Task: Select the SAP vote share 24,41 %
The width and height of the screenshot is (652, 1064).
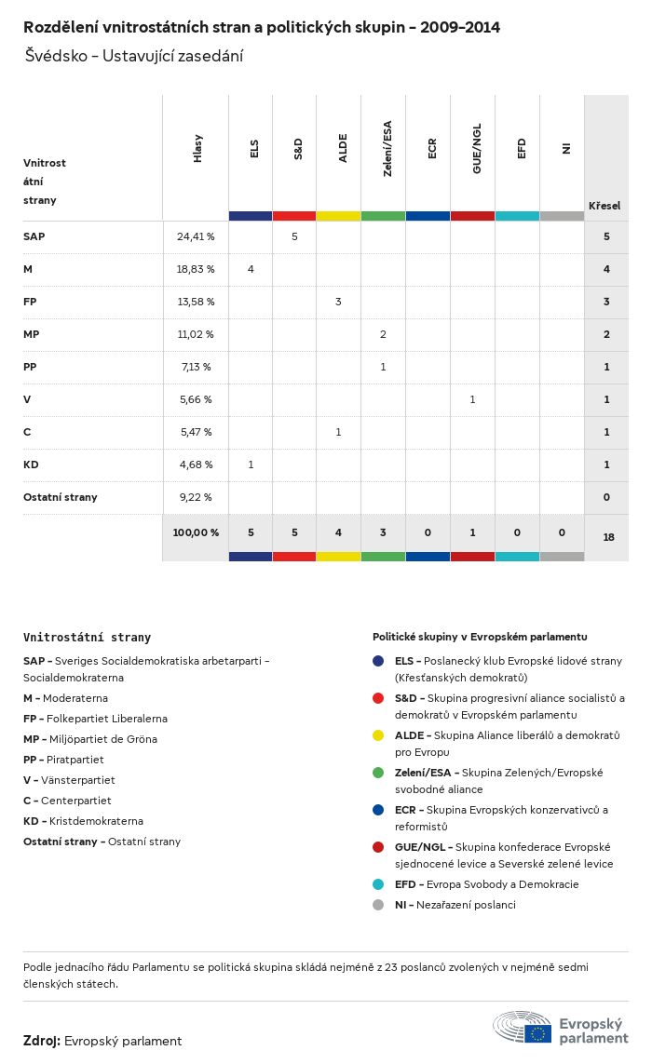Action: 196,236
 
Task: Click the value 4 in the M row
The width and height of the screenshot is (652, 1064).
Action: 251,269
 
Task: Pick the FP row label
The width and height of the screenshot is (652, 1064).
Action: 31,302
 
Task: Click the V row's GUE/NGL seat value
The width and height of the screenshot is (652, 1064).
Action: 472,399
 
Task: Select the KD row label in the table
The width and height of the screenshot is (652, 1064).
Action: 31,465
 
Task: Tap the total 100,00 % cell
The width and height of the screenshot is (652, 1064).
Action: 196,532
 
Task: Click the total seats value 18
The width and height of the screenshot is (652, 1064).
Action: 606,537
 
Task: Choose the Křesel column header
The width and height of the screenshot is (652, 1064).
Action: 604,206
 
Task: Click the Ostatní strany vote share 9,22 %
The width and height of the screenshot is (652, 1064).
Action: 196,497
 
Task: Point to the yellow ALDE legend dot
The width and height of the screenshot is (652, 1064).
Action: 377,735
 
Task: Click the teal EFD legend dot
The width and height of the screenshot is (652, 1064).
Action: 377,884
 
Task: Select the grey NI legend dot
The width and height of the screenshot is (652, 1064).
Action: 377,905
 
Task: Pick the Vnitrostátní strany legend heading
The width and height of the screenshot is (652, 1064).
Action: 87,638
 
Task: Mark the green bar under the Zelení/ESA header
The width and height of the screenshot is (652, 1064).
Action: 383,216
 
